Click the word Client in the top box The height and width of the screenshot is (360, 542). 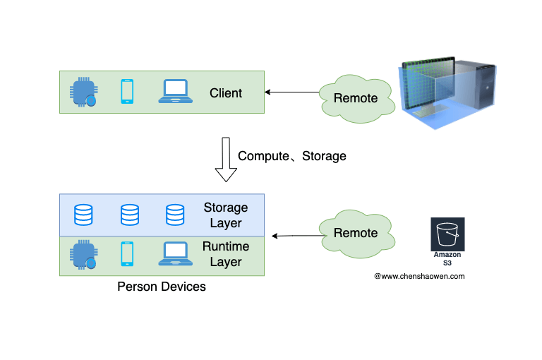pos(226,93)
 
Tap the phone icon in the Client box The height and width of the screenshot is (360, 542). pos(127,92)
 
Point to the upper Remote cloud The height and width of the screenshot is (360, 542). pos(355,98)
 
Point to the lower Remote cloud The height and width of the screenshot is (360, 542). pos(355,233)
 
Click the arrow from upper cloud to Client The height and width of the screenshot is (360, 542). pos(291,92)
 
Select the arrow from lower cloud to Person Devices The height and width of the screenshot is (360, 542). pos(296,236)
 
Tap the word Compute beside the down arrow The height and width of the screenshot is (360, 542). pos(264,156)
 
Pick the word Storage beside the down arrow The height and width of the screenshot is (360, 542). pos(324,156)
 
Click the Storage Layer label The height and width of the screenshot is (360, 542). pos(226,215)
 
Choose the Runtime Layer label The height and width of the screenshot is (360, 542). pos(226,254)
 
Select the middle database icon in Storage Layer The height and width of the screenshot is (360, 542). pos(129,215)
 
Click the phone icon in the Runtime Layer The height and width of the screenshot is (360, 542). pos(127,253)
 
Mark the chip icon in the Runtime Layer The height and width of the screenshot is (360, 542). pos(84,254)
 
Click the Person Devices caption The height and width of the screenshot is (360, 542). pos(162,287)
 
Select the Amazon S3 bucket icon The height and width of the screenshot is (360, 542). pos(447,234)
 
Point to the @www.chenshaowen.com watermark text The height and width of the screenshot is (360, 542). pos(419,277)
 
